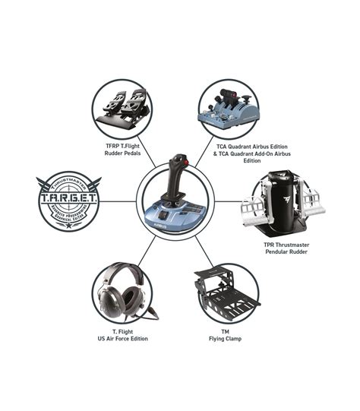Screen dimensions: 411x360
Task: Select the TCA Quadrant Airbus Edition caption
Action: tap(241, 152)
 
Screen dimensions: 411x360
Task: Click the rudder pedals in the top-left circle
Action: tap(125, 107)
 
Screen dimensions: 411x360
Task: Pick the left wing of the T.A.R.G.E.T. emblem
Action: tap(44, 185)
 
